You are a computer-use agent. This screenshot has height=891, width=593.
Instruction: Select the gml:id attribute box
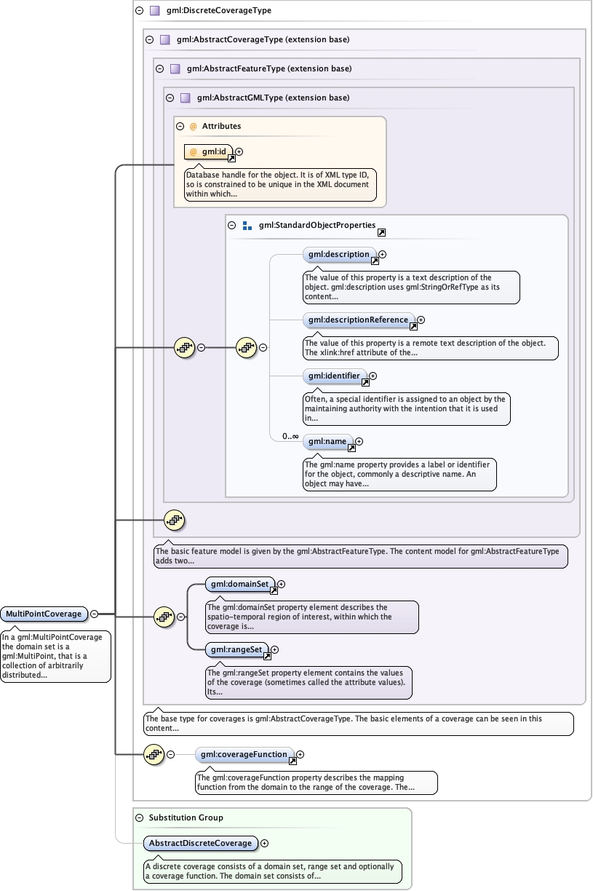point(208,151)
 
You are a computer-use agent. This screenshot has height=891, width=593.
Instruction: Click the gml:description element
point(338,255)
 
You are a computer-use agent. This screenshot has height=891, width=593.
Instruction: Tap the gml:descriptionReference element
point(358,320)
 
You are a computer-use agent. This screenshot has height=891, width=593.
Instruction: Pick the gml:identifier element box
point(334,376)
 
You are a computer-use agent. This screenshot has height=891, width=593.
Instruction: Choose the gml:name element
point(327,441)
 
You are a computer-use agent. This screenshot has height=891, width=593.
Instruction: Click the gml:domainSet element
point(239,584)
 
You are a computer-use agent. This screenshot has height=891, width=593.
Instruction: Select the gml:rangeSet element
point(236,649)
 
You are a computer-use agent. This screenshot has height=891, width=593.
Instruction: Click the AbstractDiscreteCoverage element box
point(200,843)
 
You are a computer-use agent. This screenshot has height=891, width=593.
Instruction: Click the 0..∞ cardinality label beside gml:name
point(280,437)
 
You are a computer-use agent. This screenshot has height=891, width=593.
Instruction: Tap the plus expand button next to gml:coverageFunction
point(301,755)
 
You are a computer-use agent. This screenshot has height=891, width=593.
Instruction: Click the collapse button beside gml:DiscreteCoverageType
point(139,11)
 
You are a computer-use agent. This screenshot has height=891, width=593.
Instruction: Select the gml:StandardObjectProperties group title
point(317,226)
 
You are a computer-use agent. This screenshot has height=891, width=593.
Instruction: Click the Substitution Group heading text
point(186,817)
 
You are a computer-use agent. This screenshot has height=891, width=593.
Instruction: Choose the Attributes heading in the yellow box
point(221,126)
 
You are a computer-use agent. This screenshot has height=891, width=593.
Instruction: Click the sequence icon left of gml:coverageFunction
point(154,755)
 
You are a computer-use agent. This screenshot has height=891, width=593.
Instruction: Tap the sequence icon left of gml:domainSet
point(164,617)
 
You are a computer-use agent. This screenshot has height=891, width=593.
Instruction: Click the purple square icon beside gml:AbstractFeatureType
point(175,69)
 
